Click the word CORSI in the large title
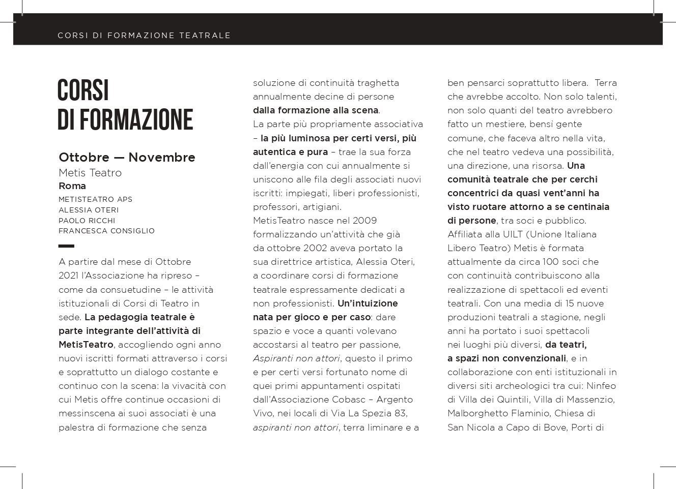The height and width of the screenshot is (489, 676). (x=83, y=90)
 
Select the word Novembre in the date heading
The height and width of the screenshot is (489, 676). (x=162, y=158)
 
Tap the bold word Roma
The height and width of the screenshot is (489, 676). (x=72, y=186)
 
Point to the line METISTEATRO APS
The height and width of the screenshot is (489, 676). (x=95, y=199)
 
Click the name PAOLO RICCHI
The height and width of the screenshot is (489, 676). (x=87, y=221)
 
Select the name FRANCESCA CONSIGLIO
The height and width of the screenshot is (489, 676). (x=106, y=231)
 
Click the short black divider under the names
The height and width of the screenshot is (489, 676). (x=66, y=246)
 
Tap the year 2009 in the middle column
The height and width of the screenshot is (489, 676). (x=364, y=221)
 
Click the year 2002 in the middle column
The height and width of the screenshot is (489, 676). (x=319, y=248)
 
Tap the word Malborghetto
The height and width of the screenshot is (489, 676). (x=473, y=413)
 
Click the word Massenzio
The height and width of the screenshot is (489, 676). (x=593, y=400)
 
